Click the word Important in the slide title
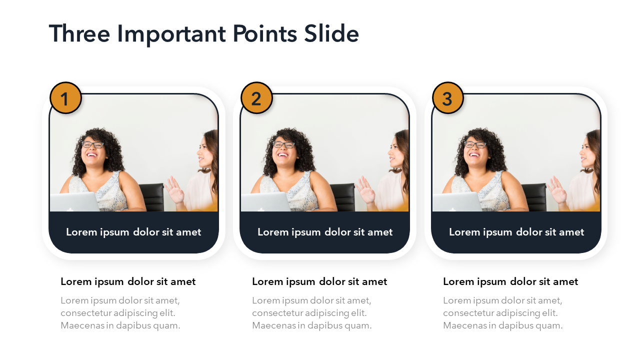tap(171, 34)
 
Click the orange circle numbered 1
tap(65, 98)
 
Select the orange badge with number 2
tap(256, 98)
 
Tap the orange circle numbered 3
tap(447, 98)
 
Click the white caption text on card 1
tap(133, 232)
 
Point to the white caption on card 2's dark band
tap(325, 232)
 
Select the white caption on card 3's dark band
tap(516, 232)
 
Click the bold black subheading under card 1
tap(128, 281)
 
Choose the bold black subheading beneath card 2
tap(319, 281)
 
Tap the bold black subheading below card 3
tap(510, 281)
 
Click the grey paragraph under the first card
tap(120, 313)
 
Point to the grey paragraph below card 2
tap(311, 313)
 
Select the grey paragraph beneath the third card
tap(503, 313)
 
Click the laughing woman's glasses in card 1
tap(93, 144)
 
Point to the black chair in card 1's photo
tap(152, 197)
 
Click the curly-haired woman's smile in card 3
tap(474, 155)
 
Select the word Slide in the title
tap(331, 33)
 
